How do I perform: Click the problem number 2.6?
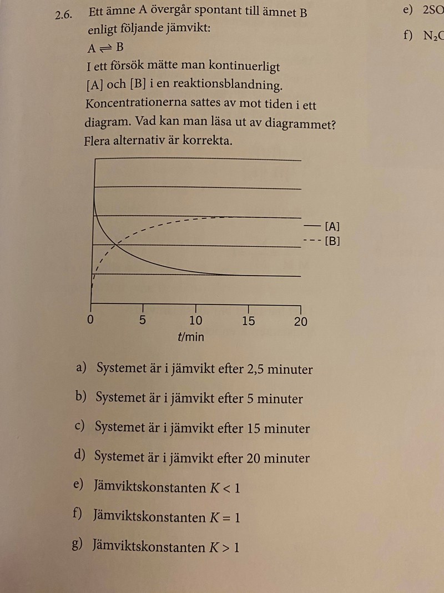(64, 15)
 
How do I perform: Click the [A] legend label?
(332, 226)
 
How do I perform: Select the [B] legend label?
(332, 241)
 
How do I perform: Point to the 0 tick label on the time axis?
(91, 321)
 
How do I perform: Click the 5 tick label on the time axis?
(143, 321)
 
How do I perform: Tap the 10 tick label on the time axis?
(195, 321)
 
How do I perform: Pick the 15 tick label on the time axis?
(248, 321)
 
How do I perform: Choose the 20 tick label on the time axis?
(300, 321)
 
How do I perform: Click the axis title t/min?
(191, 337)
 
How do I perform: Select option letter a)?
(82, 367)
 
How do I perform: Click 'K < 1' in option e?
(225, 488)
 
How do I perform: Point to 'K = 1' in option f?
(224, 517)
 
